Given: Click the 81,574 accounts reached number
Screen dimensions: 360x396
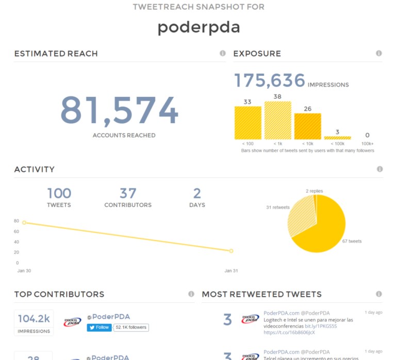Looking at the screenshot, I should coord(119,110).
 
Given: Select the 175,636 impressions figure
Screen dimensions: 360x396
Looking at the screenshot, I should coord(270,81).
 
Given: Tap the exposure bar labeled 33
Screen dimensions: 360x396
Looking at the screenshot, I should coord(247,123).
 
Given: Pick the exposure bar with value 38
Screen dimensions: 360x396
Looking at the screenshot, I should coord(277,120).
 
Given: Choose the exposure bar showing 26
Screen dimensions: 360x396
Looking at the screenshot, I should coord(307,126).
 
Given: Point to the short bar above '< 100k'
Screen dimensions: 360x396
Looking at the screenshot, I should coord(337,138).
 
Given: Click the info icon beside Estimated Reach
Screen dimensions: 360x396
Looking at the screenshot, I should coord(223,53).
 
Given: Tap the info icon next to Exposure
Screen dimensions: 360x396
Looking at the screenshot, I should coord(379,53).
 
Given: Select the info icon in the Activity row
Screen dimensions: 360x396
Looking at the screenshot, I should coord(380,169).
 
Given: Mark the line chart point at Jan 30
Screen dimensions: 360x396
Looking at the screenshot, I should coord(24,222).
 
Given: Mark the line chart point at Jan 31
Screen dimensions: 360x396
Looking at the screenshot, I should coord(231,251).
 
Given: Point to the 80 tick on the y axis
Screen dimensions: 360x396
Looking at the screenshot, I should coord(16,221).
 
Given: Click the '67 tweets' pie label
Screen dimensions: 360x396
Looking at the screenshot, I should coord(352,241).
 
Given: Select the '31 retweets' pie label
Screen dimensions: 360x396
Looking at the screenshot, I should coord(278,208).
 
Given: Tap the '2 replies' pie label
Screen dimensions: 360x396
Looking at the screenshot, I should coord(314,191).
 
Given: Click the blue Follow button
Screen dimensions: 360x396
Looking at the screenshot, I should coord(99,327).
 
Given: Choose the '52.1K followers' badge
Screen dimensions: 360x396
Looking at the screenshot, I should coord(130,327).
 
